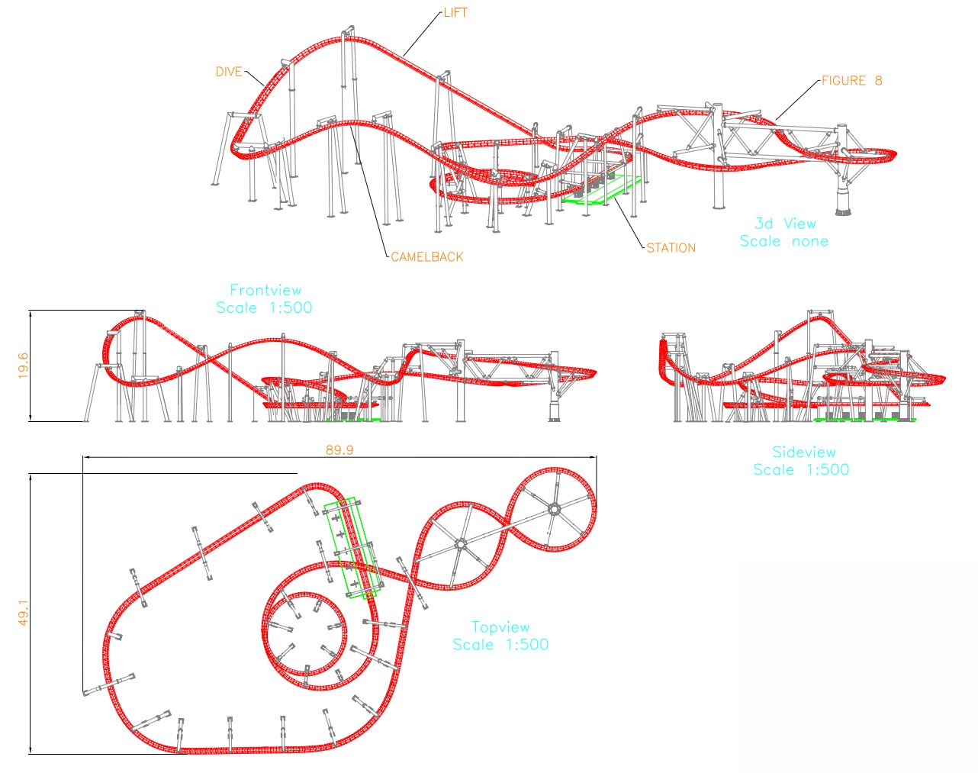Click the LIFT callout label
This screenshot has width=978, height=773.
point(455,13)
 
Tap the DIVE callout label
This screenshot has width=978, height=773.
point(229,72)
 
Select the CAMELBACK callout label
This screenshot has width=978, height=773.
point(427,257)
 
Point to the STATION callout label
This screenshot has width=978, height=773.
point(671,248)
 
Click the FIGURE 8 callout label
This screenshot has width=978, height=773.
point(851,80)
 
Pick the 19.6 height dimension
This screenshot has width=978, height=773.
point(23,366)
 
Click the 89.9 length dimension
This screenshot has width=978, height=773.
point(339,449)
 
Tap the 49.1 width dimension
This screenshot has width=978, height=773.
point(23,613)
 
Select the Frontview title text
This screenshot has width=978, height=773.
point(265,290)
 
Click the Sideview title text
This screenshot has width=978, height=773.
point(804,452)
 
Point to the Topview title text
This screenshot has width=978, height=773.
point(500,627)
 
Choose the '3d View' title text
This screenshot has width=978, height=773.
point(785,224)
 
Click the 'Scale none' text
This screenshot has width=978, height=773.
point(784,241)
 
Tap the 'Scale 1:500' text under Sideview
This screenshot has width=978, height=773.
point(801,469)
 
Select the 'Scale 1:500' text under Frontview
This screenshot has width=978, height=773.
point(264,308)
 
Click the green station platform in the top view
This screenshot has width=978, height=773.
point(351,548)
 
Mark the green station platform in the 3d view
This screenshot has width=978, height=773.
point(602,191)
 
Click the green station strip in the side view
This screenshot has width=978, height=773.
point(864,419)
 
